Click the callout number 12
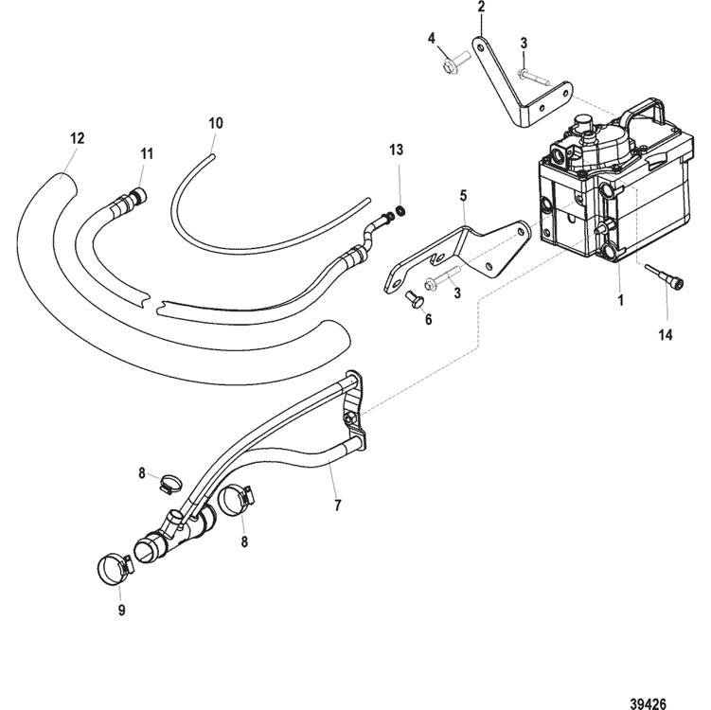point(78,138)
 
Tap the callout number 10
point(216,123)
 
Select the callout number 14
point(666,335)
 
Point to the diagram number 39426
point(648,702)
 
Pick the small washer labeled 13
point(400,211)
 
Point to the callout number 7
point(337,506)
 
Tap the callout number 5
point(463,196)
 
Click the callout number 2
point(481,7)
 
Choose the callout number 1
point(621,300)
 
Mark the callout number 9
point(121,610)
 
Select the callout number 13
point(397,150)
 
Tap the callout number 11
point(147,153)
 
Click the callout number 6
point(428,320)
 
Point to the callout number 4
point(431,38)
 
